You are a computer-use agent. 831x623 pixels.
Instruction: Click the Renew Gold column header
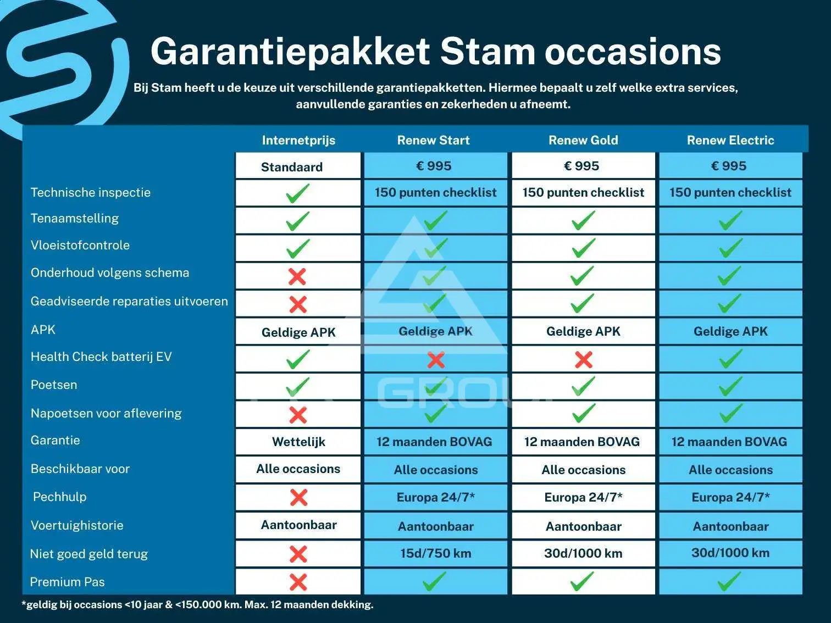tap(583, 140)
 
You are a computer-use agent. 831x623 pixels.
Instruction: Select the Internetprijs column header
tap(298, 140)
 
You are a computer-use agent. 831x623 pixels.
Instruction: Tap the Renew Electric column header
tap(730, 140)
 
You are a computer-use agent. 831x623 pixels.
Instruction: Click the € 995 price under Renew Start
tap(434, 166)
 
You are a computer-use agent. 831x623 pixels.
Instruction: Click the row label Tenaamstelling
tap(75, 218)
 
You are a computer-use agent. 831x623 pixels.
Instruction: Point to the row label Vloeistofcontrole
tap(80, 245)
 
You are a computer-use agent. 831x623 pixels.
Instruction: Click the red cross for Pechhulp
tap(298, 497)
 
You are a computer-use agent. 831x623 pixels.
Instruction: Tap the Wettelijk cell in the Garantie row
tap(298, 442)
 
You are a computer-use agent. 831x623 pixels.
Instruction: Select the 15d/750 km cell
tap(436, 553)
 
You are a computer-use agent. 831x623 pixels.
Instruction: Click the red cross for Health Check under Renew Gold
tap(583, 359)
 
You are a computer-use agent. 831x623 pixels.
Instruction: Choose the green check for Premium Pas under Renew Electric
tap(729, 581)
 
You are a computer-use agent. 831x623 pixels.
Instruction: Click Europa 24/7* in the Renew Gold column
tap(583, 497)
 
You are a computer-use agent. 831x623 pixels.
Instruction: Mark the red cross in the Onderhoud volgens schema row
tap(297, 276)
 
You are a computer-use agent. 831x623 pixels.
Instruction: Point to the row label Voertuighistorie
tap(77, 525)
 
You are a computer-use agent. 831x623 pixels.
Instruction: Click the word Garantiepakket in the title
tap(290, 52)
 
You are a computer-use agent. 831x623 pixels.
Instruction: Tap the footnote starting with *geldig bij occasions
tap(198, 604)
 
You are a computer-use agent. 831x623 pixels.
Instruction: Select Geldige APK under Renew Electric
tap(730, 331)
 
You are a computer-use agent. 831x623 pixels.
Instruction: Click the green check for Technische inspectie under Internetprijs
tap(297, 193)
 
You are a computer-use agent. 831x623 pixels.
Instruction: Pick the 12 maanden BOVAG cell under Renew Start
tap(434, 442)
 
